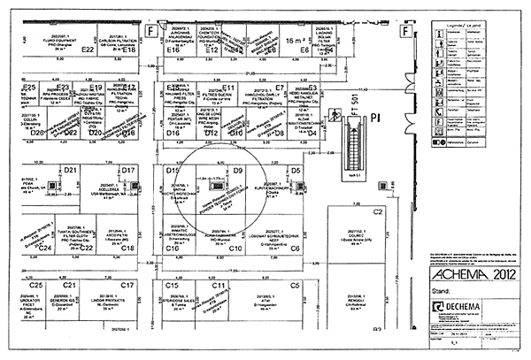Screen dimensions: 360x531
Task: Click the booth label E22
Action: (x=87, y=51)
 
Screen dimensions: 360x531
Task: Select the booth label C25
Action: (x=35, y=286)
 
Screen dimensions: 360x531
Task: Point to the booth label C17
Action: (x=127, y=286)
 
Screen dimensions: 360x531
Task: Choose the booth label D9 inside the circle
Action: (x=238, y=170)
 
